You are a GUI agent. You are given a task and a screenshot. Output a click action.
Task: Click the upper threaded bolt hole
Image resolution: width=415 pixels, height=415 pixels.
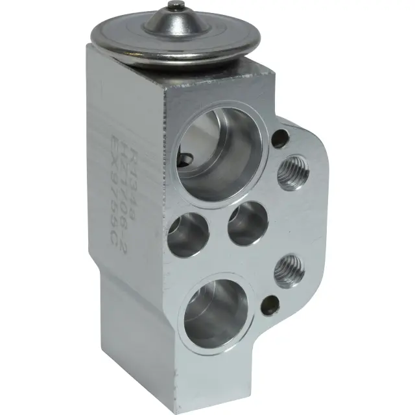pos(290,174)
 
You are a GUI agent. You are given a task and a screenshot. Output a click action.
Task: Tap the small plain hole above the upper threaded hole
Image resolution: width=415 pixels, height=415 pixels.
pos(281,138)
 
